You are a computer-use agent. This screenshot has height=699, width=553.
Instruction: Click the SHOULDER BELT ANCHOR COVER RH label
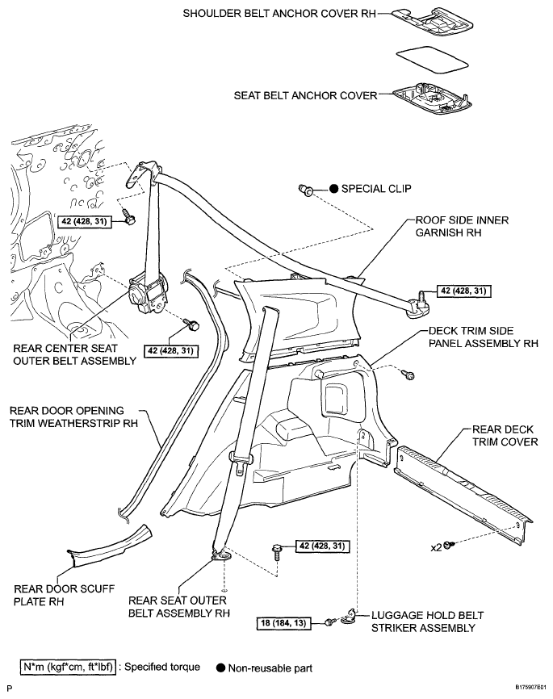279,14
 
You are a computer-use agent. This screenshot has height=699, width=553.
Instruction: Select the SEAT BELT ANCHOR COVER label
305,95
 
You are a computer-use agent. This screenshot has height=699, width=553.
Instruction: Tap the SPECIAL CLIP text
376,189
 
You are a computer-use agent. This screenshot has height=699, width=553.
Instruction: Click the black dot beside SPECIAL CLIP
334,189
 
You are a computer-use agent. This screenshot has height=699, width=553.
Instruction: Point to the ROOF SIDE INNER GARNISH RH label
462,226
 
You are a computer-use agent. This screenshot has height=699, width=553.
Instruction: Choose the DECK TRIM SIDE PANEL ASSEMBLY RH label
484,337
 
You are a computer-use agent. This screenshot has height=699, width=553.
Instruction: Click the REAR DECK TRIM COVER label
505,436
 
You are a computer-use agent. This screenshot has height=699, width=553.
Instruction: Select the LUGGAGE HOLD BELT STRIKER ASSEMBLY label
428,622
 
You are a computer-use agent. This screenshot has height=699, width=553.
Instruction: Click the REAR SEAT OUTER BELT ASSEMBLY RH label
179,607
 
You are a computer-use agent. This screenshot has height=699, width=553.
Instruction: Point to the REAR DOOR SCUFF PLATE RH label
65,595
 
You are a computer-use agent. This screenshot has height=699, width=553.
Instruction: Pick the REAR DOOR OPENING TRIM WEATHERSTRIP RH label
73,416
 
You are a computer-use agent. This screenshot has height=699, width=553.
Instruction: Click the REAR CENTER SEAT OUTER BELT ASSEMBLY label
74,354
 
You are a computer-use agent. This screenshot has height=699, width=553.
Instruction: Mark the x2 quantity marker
436,547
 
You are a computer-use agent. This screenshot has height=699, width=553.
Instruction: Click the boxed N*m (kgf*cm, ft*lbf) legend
68,668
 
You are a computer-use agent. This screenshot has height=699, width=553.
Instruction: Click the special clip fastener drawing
305,190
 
